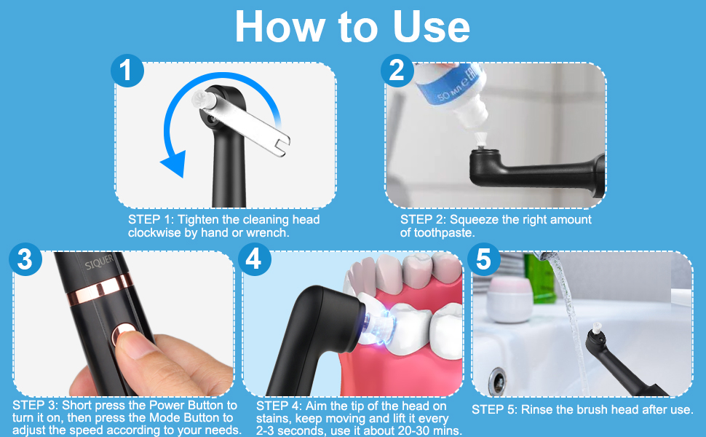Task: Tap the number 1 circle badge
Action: coord(127,71)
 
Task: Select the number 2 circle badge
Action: coord(396,71)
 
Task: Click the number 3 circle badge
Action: coord(25,260)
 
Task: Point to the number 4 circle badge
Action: coord(253,260)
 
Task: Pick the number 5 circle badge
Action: coord(483,260)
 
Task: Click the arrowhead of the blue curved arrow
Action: coord(172,164)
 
